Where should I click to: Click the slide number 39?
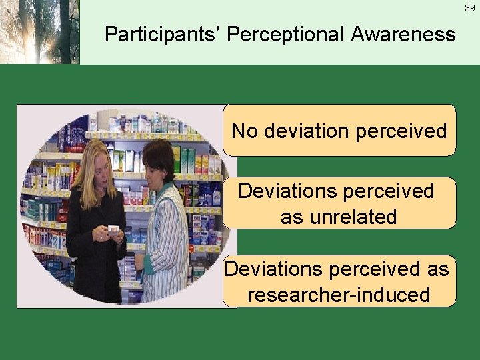pos(469,7)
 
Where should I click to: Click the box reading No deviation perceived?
pos(339,130)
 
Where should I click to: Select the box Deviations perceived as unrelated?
pos(339,203)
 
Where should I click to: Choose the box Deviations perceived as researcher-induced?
pos(339,281)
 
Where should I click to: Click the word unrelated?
pos(339,217)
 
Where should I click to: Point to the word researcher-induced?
pos(339,294)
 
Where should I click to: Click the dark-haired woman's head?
pos(159,160)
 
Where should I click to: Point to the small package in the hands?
pos(113,231)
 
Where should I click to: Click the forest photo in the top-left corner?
pos(39,32)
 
